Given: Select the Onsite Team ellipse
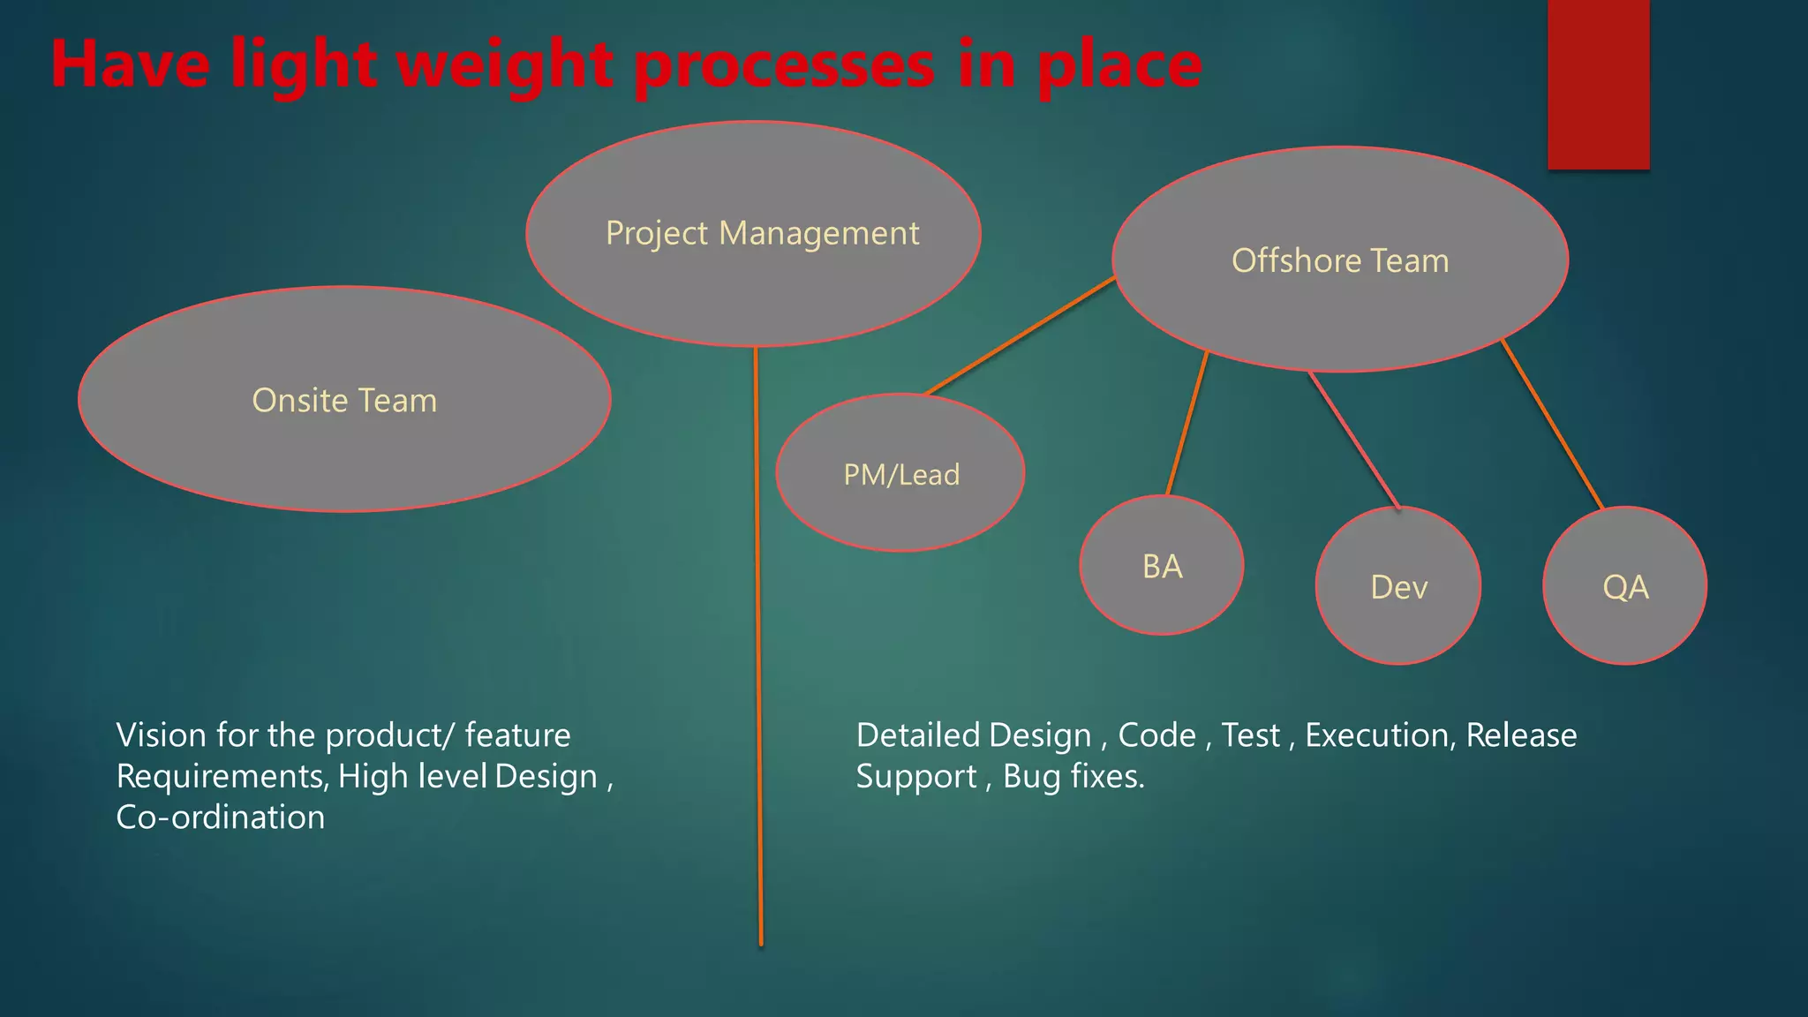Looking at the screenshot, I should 344,441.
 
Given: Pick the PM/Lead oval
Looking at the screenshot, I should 900,508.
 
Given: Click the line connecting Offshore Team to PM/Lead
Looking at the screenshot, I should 1020,335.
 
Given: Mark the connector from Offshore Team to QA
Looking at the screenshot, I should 1552,424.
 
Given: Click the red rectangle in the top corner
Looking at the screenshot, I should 1598,84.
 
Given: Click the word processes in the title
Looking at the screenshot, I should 784,66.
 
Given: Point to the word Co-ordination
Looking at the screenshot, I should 221,817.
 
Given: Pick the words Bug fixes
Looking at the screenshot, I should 1073,777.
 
